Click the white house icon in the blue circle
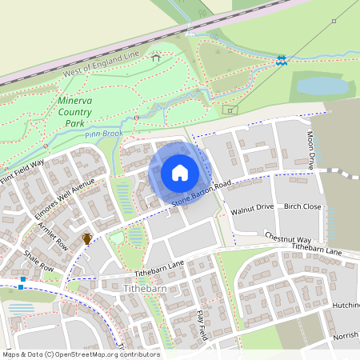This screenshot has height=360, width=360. coord(179,173)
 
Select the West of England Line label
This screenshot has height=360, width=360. coord(100,66)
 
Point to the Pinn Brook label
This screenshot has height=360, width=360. coord(106,134)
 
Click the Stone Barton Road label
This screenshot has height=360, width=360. coord(199,195)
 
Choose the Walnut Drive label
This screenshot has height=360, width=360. coord(252,207)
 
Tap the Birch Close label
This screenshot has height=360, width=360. coord(302,206)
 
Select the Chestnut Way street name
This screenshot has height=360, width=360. coord(287,238)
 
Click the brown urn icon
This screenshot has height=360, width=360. coord(86,238)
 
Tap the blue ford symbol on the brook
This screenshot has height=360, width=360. coord(281,60)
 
